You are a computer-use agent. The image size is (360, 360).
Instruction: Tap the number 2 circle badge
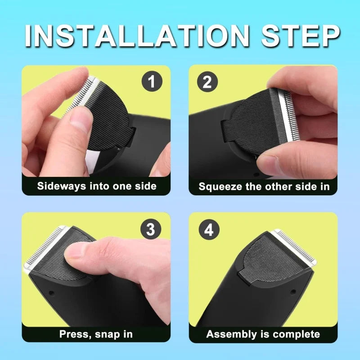click(x=207, y=82)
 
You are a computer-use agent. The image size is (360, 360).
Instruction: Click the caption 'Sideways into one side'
click(x=96, y=186)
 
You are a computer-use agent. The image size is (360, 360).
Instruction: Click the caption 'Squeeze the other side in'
click(x=264, y=186)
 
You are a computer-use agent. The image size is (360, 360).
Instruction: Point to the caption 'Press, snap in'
click(x=96, y=334)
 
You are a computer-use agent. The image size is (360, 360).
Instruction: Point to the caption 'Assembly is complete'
click(x=263, y=334)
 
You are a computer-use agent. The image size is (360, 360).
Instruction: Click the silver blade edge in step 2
click(x=285, y=117)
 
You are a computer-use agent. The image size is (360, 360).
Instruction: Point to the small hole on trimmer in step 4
click(x=293, y=292)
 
